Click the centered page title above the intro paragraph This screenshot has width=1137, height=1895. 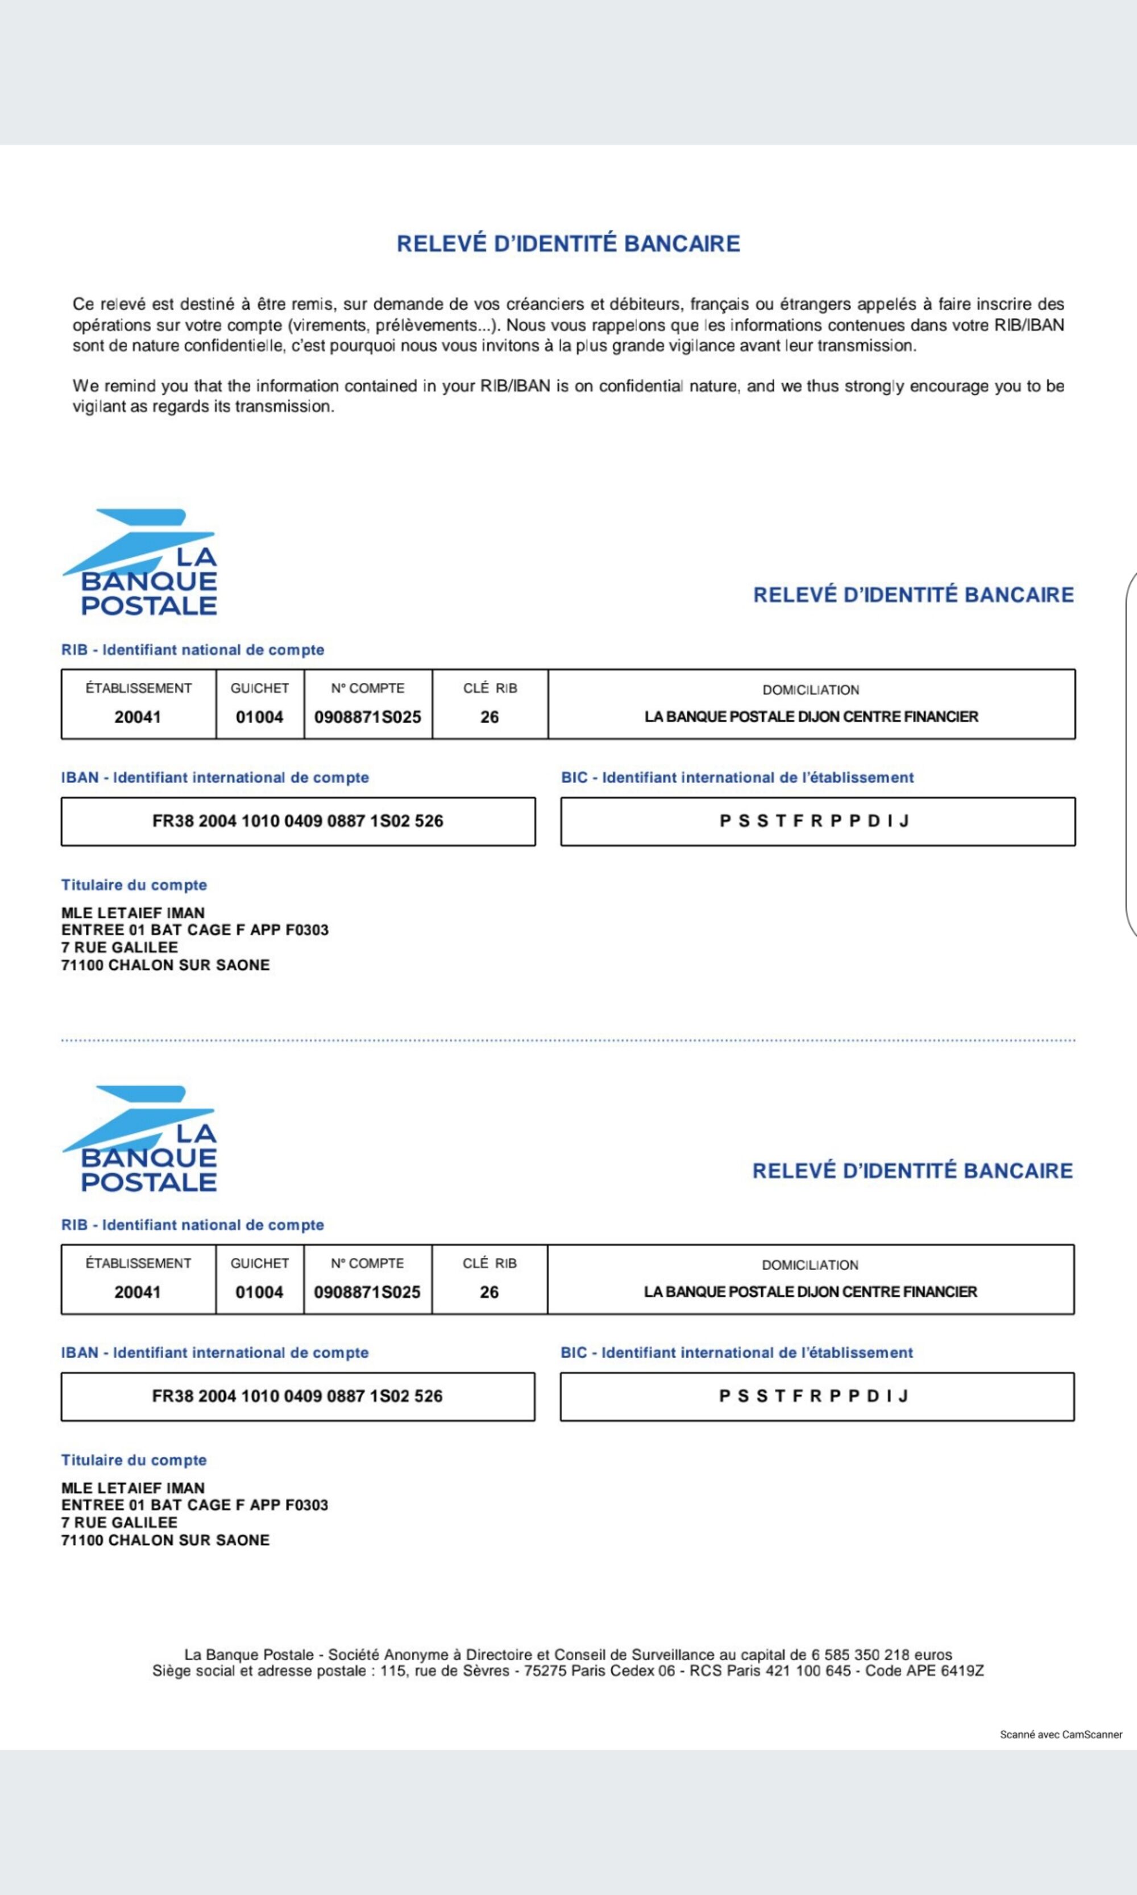tap(568, 244)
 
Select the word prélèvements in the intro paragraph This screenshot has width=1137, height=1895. tap(426, 325)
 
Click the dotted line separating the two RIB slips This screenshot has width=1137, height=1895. tap(568, 1040)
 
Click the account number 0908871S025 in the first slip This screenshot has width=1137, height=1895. tap(368, 717)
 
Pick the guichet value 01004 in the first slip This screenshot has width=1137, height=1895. tap(259, 717)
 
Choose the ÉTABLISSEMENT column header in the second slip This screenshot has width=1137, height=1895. tap(138, 1263)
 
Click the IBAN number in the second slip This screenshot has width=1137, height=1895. tap(297, 1396)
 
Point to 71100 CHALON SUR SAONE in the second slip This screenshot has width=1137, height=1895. tap(165, 1540)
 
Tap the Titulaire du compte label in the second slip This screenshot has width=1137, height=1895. tap(134, 1459)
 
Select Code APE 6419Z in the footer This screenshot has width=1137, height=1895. tap(924, 1671)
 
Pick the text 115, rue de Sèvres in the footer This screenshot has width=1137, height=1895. tap(445, 1671)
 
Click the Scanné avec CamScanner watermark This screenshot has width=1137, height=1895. tap(1060, 1735)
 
